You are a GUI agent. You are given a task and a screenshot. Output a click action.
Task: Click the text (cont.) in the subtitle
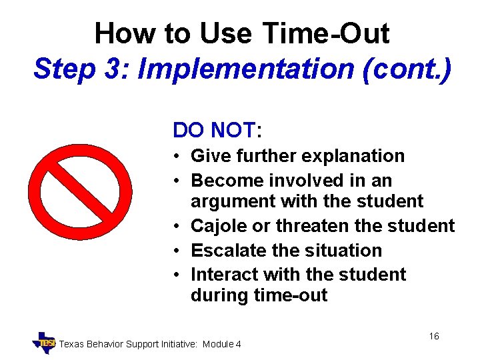tap(406, 69)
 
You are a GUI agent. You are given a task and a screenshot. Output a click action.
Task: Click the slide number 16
tap(433, 336)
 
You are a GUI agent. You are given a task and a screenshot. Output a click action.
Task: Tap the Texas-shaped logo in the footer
tap(45, 343)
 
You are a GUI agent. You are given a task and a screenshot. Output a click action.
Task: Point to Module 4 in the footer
tap(222, 344)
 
